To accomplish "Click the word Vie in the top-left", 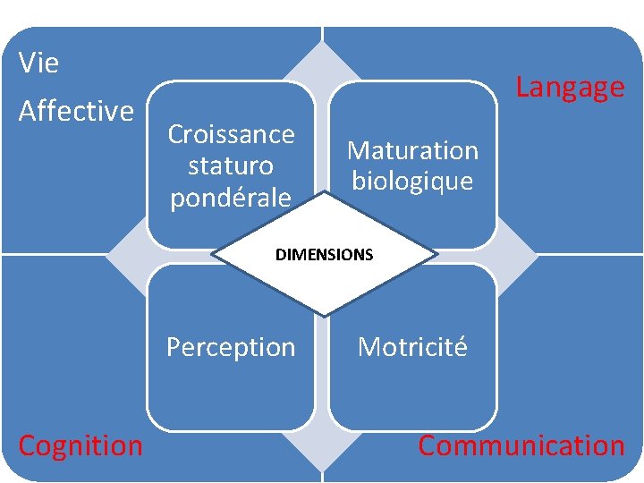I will pos(38,64).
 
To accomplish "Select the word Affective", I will pos(76,111).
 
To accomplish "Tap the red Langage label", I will pos(570,88).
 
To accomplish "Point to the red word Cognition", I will pos(80,445).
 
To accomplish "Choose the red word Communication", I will pos(521,445).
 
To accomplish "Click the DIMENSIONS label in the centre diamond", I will pos(324,255).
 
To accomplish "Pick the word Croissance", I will pos(231,134).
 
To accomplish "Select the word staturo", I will pos(231,165).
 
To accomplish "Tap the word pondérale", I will pos(231,197).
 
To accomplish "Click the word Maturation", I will pos(412,150).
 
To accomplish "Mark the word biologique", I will pos(412,181).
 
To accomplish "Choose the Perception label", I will pos(231,347).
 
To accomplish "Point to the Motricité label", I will pos(412,347).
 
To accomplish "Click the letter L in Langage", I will pos(521,88).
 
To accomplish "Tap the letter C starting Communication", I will pos(428,445).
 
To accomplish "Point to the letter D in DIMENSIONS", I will pos(280,255).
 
